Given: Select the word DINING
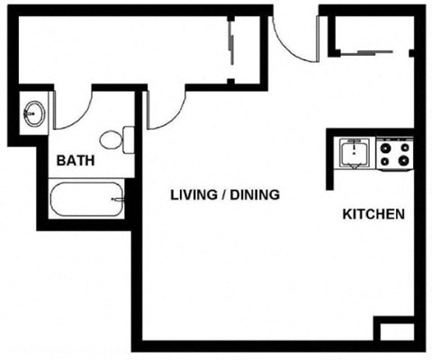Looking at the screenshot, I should pyautogui.click(x=255, y=194).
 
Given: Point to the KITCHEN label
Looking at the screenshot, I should pyautogui.click(x=373, y=215).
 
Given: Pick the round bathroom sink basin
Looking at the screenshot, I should pyautogui.click(x=34, y=113).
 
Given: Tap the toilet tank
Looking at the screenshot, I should pyautogui.click(x=129, y=140).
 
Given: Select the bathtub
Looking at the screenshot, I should pyautogui.click(x=86, y=199).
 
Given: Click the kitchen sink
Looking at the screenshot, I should pyautogui.click(x=355, y=154).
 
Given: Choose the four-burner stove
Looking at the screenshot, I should pyautogui.click(x=394, y=154).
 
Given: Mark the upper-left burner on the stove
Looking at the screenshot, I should pyautogui.click(x=385, y=146).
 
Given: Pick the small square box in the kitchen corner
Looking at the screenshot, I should pyautogui.click(x=393, y=330).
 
